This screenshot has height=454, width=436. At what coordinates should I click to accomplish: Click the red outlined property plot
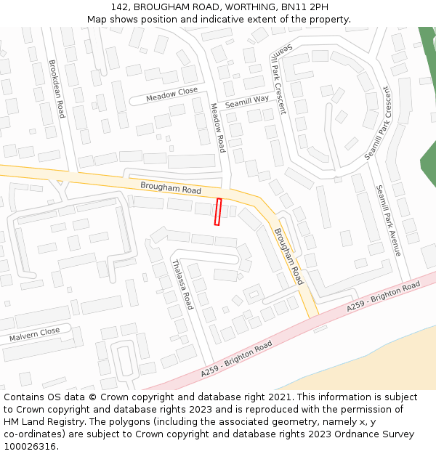pos(217,211)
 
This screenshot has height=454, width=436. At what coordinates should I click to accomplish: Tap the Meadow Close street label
pos(171,94)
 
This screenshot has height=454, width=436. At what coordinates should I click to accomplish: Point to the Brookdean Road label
pos(56,89)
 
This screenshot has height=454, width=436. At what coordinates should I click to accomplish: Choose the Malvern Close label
pos(34,335)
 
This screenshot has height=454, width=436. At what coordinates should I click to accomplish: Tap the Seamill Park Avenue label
pos(388,220)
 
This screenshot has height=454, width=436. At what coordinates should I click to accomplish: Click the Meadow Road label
pos(217,127)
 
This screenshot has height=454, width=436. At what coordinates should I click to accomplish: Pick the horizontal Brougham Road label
pos(171,189)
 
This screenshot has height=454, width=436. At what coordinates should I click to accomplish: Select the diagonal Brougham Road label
pos(288,256)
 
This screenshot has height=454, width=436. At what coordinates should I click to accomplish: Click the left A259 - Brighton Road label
pos(236,359)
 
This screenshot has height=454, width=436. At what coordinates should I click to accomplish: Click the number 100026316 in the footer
pos(30,446)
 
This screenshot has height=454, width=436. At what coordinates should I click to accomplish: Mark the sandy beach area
pos(378,363)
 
